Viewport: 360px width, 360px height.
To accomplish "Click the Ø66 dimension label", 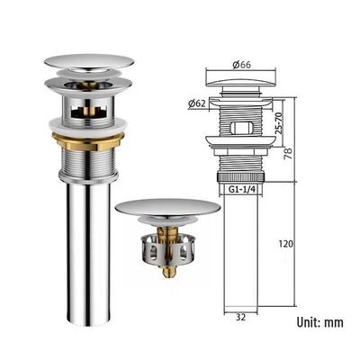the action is tap(241, 65).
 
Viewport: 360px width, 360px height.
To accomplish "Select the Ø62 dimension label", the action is tap(197, 103).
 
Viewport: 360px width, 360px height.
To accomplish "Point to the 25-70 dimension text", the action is tap(279, 122).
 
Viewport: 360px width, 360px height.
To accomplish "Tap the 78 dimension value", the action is tap(287, 153).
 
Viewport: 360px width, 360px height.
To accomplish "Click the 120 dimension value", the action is tap(285, 244).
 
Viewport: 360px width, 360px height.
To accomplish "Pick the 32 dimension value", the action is tap(240, 317).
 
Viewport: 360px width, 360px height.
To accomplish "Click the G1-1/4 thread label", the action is tap(241, 189).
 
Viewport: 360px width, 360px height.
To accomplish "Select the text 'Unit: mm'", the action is tap(319, 322).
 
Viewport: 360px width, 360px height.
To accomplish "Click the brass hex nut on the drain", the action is tap(88, 140).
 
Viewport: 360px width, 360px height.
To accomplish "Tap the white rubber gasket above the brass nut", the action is tap(87, 124).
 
